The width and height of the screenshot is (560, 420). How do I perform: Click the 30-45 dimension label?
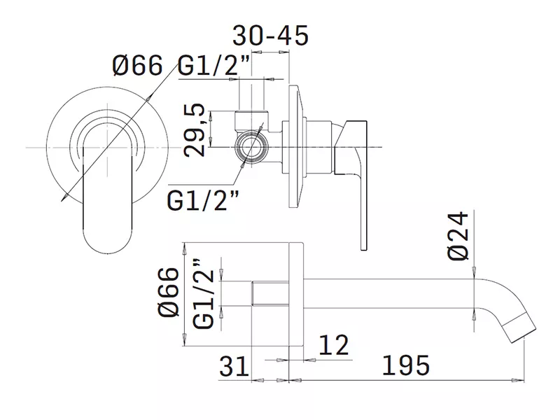[270, 36]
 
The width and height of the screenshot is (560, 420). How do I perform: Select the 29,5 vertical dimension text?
[195, 130]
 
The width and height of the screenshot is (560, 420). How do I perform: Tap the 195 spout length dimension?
[406, 365]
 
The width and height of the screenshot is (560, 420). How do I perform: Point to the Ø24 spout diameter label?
[458, 236]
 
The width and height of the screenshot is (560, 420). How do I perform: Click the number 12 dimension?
[334, 345]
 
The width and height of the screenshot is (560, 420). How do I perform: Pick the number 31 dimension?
[234, 365]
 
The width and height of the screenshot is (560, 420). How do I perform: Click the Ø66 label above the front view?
[137, 65]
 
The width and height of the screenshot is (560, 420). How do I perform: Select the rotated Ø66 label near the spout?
[168, 291]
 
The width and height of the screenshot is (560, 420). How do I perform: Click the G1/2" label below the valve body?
[203, 200]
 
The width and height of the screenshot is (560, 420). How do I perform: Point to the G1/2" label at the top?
[214, 66]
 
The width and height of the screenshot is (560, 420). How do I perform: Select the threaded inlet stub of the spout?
[270, 293]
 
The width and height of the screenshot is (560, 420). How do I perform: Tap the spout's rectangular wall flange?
[296, 294]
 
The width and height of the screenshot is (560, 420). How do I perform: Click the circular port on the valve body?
[251, 147]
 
